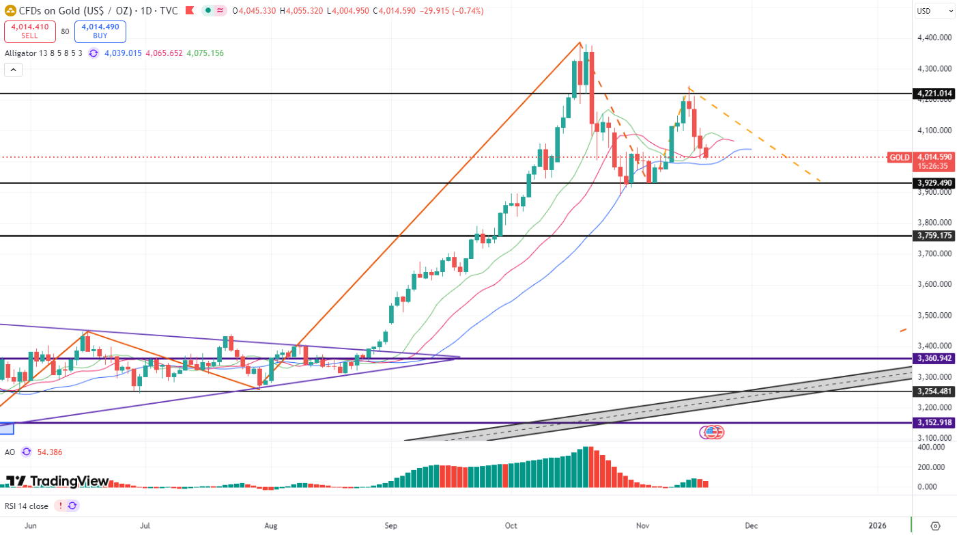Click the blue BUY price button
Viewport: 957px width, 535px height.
click(100, 31)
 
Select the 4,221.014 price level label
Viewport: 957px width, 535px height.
click(933, 94)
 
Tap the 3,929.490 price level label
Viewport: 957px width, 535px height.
click(933, 183)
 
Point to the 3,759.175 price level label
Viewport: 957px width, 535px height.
click(933, 236)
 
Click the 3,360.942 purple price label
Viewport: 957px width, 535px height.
click(933, 358)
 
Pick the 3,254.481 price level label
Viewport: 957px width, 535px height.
click(933, 392)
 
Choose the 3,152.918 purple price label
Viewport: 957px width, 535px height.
click(933, 423)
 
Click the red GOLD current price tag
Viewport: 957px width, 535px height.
click(900, 157)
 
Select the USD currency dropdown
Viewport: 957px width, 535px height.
click(934, 11)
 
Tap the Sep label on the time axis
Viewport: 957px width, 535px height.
click(390, 525)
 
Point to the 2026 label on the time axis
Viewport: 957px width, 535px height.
click(877, 525)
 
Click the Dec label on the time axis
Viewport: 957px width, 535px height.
click(752, 525)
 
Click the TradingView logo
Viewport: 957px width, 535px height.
click(57, 481)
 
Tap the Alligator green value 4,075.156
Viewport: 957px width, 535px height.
click(205, 53)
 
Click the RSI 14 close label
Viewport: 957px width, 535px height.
click(27, 506)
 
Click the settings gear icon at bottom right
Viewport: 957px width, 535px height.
click(935, 525)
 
